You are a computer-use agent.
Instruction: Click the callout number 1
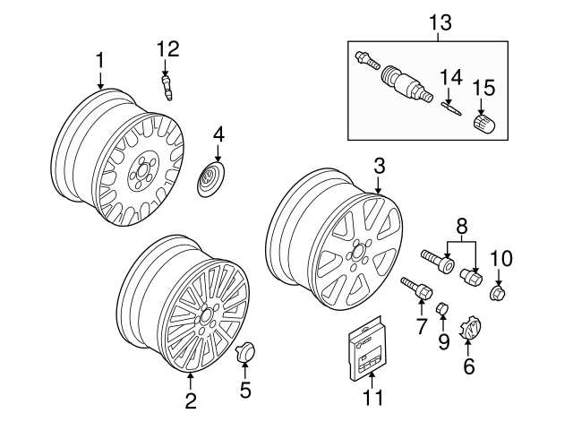100,60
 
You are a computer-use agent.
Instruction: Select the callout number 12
168,47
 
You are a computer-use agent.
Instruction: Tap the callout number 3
379,165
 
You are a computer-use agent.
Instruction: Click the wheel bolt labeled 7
417,291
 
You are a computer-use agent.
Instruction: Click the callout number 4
219,135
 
